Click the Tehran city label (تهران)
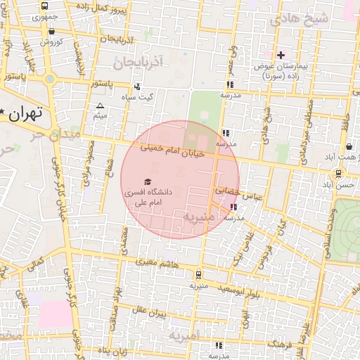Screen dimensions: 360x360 tap(27, 112)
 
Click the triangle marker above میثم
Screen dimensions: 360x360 tap(99, 105)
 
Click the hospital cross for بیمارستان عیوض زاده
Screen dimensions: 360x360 tap(281, 55)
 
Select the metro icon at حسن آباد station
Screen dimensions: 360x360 tap(339, 174)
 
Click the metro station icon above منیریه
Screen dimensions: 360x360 tap(199, 275)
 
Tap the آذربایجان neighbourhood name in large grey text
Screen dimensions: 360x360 tap(136, 63)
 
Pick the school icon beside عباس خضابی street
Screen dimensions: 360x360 tap(233, 207)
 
